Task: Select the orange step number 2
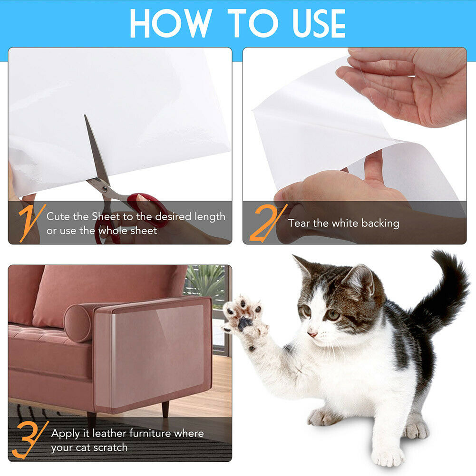tap(266, 222)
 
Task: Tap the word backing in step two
tap(380, 223)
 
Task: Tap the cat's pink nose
tap(312, 334)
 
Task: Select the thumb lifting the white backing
tap(373, 166)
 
